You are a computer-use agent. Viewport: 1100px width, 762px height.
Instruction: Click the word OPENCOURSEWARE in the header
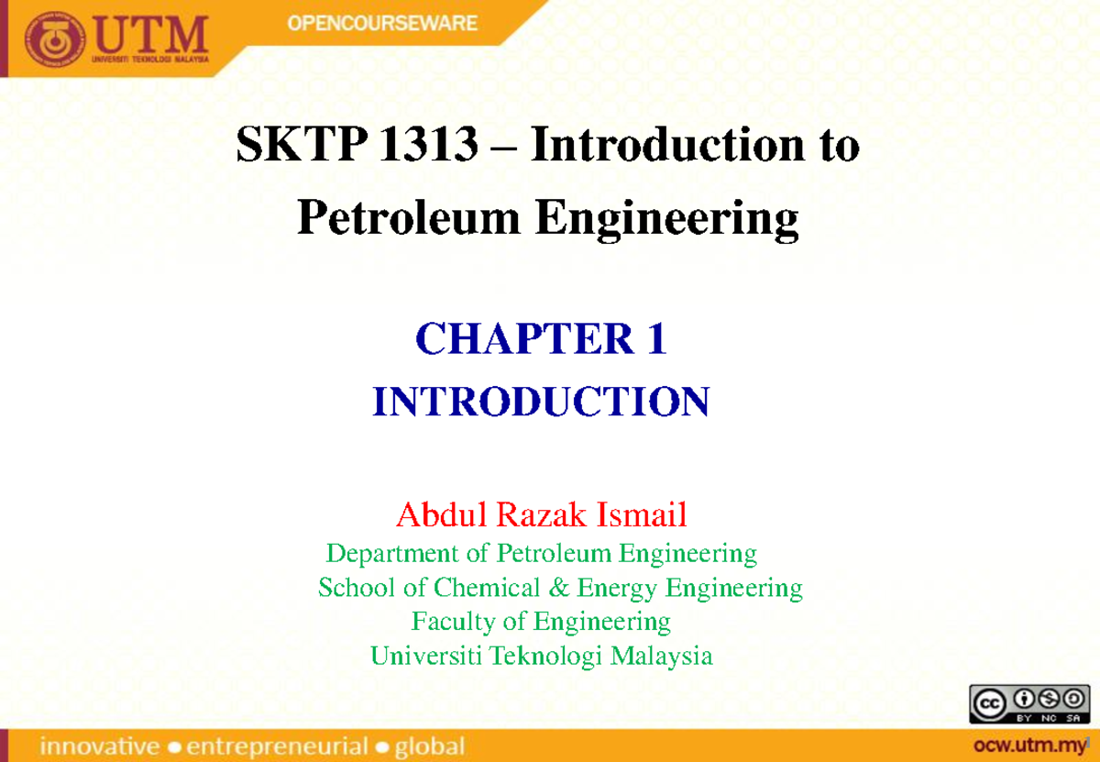point(382,23)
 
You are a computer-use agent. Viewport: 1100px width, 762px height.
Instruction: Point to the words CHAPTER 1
point(541,341)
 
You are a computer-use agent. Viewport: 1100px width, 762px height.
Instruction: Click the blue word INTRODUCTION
point(541,402)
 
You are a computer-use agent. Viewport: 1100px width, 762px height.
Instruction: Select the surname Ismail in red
point(642,516)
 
